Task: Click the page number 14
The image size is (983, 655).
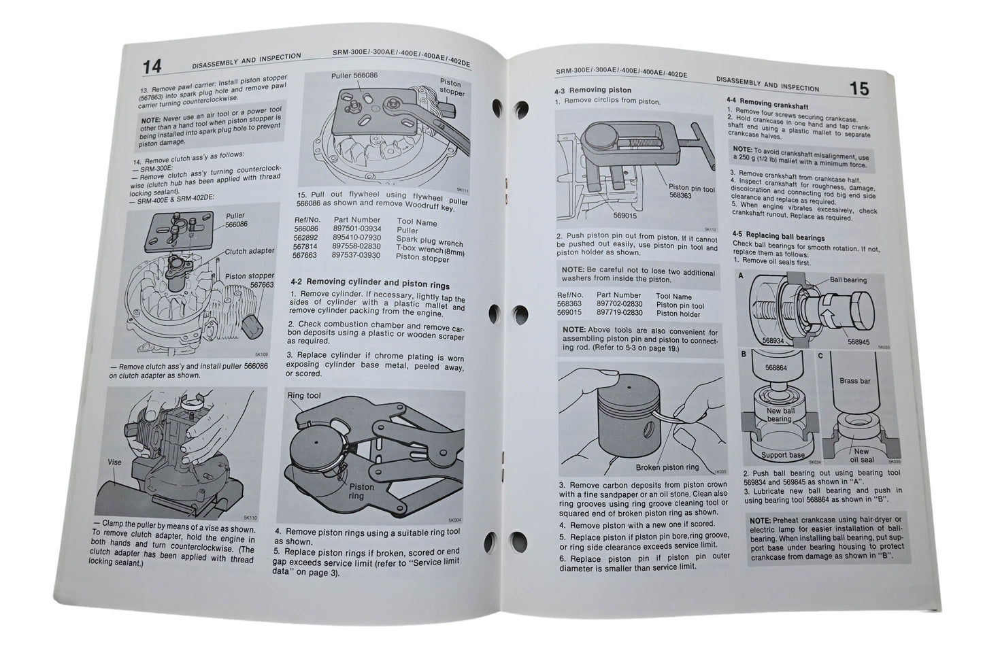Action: pos(152,67)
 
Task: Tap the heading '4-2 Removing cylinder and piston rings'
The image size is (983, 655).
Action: pos(369,283)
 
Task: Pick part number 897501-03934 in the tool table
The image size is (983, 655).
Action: pos(357,230)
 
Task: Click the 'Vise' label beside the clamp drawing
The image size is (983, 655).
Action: pos(114,462)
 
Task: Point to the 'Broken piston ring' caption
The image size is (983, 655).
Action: pos(667,467)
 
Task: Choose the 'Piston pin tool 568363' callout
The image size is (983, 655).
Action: pos(690,192)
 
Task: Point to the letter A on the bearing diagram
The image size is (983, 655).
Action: pos(740,275)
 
